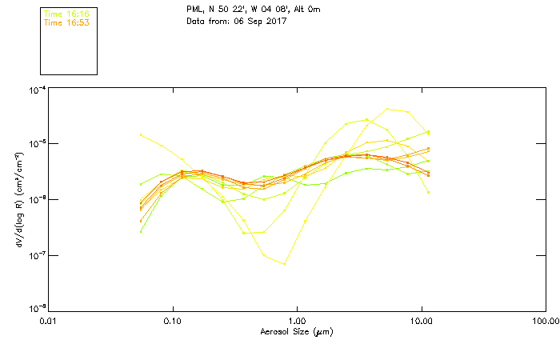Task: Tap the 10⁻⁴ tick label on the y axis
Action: tap(37, 90)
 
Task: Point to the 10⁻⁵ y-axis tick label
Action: tap(37, 144)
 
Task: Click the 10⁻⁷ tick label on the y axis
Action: tap(37, 255)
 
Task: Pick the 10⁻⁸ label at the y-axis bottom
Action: tap(37, 308)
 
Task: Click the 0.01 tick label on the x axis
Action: tap(50, 322)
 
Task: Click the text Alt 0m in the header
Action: tap(286, 10)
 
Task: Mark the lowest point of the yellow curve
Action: tap(284, 264)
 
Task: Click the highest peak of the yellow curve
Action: tap(388, 109)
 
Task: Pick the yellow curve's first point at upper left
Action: tap(142, 134)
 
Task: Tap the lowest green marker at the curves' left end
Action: tap(142, 231)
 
